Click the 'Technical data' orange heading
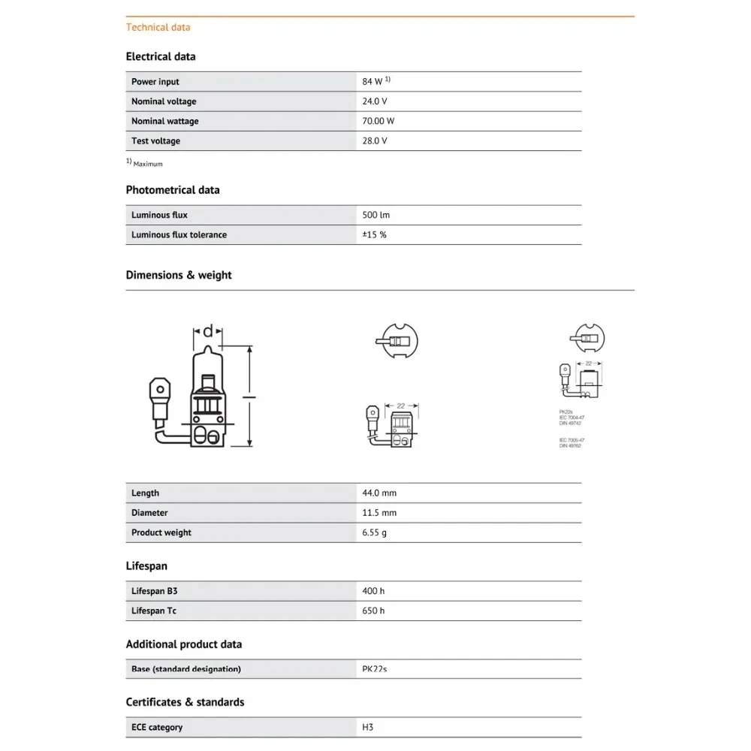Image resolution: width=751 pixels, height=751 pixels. tap(158, 28)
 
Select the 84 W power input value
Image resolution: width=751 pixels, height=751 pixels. tap(373, 82)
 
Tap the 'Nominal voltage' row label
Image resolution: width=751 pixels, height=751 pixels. tap(164, 101)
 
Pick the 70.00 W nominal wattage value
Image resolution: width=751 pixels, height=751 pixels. tap(379, 121)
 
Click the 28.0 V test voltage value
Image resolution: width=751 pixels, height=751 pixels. tap(375, 140)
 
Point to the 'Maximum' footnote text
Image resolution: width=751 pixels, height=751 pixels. tap(148, 164)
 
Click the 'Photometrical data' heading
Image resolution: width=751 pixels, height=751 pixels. tap(173, 190)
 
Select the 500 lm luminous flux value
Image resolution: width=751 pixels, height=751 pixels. tap(375, 215)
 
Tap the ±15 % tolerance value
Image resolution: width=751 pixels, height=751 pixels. tap(374, 234)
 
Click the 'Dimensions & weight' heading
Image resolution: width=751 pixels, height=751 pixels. tap(179, 275)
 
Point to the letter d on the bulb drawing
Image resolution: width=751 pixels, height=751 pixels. tap(209, 330)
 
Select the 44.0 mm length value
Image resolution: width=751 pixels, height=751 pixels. tap(379, 493)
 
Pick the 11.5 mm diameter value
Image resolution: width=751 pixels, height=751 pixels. tap(379, 512)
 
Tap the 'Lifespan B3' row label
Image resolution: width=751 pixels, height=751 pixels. tap(154, 591)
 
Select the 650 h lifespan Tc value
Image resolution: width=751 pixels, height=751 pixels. tap(373, 611)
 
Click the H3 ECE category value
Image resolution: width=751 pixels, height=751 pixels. tap(368, 727)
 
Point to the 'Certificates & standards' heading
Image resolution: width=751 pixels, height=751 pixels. tap(185, 702)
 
